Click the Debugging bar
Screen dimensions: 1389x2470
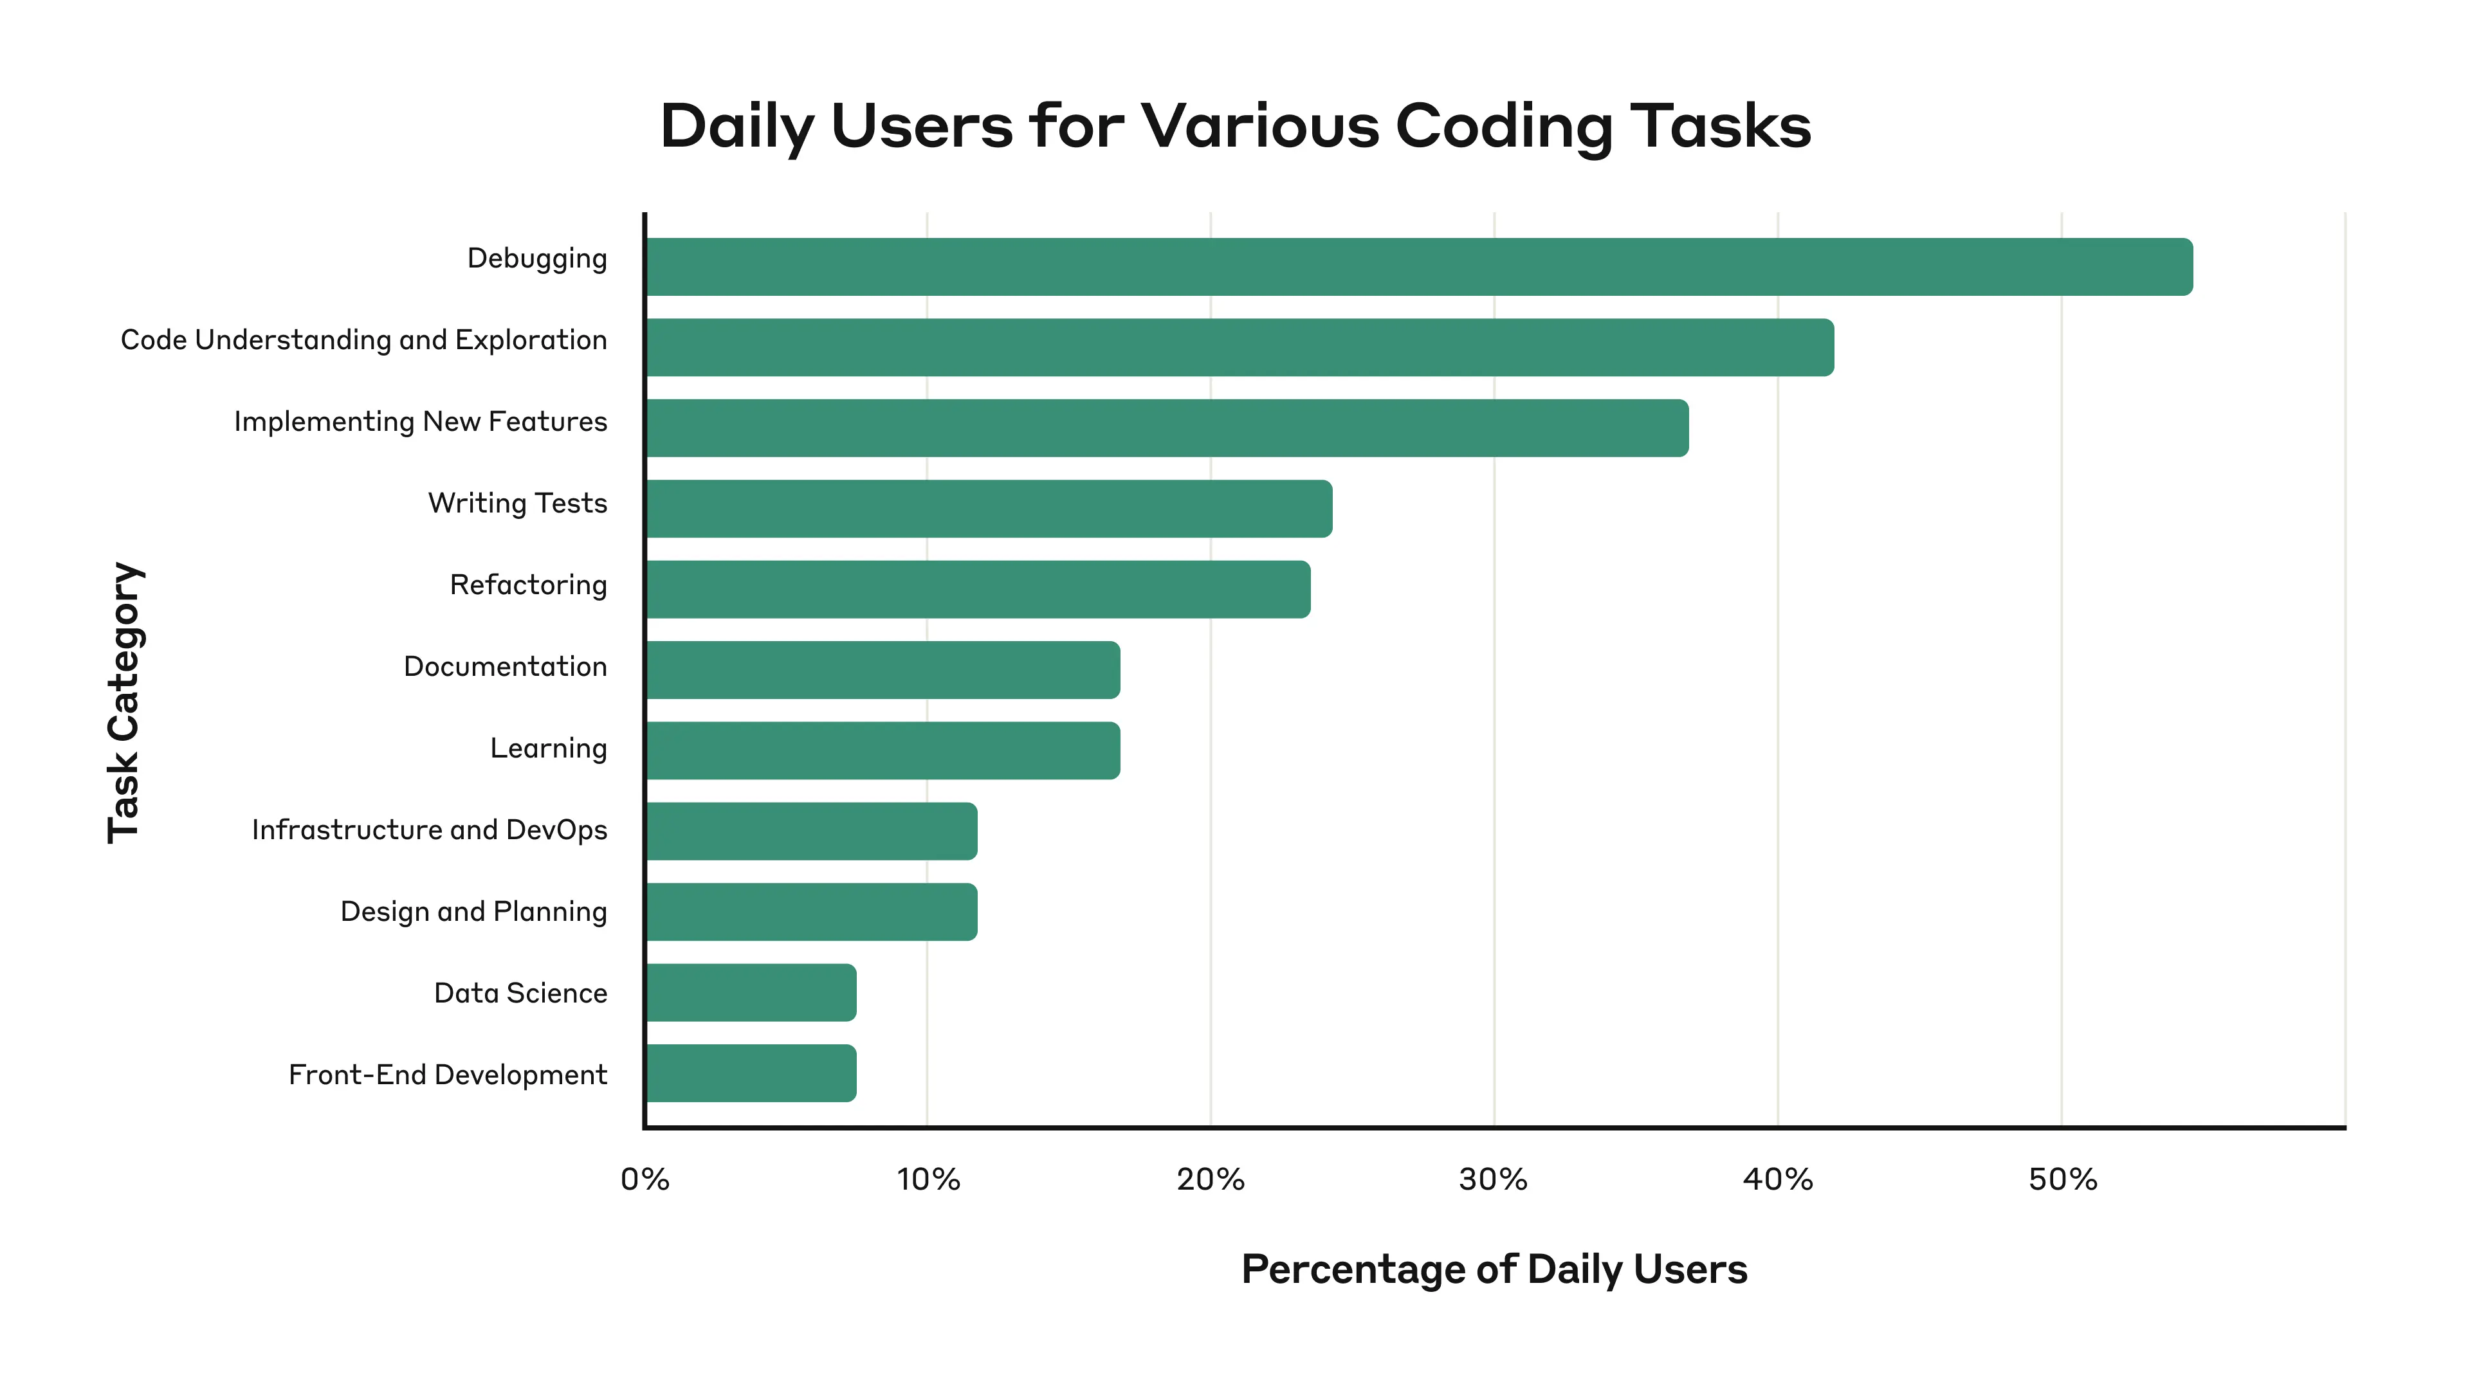(x=1419, y=266)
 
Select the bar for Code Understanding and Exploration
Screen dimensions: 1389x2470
(x=1240, y=347)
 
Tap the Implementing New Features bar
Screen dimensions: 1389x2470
(x=1167, y=428)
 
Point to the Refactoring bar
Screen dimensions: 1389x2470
(x=978, y=588)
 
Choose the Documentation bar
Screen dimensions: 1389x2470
(x=882, y=669)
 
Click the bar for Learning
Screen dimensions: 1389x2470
(x=882, y=750)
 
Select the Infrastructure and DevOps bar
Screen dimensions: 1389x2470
(x=811, y=830)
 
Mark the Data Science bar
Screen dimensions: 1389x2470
(x=751, y=992)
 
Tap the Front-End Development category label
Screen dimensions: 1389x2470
(x=448, y=1075)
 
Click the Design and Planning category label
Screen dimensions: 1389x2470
(x=473, y=912)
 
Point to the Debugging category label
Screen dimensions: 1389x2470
(x=537, y=259)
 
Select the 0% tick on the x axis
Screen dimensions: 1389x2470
(x=645, y=1179)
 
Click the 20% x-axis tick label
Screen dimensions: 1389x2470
(x=1210, y=1179)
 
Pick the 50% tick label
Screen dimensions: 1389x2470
(x=2062, y=1179)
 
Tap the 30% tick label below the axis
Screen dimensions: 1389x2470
(x=1493, y=1179)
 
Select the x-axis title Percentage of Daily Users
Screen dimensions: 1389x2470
(x=1494, y=1269)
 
